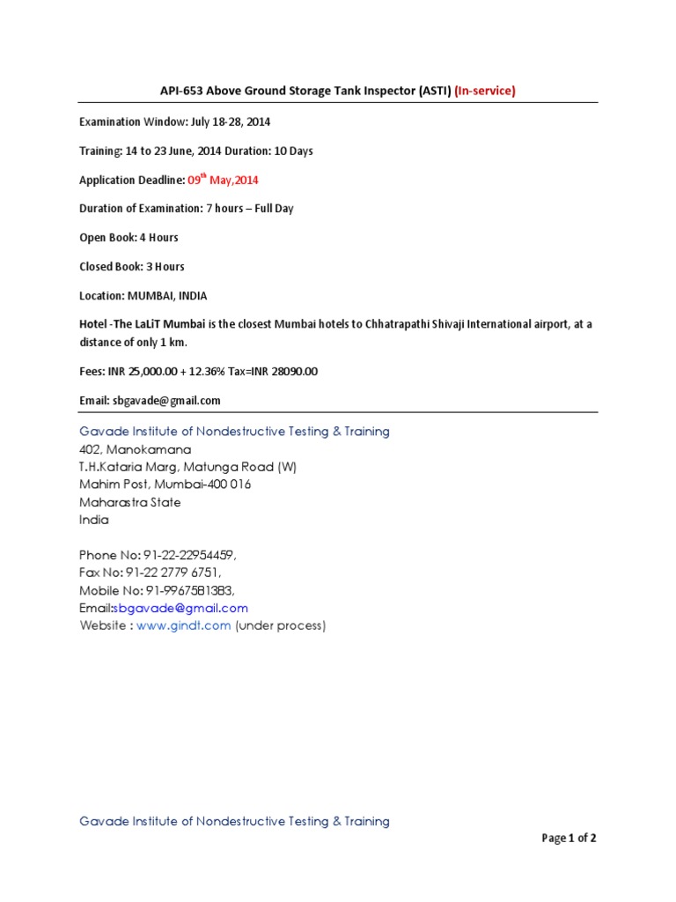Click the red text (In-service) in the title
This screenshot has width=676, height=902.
click(485, 90)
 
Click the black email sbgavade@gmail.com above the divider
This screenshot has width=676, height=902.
click(166, 401)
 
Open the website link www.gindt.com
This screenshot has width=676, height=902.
click(184, 626)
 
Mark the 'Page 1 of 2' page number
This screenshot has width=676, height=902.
click(569, 839)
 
